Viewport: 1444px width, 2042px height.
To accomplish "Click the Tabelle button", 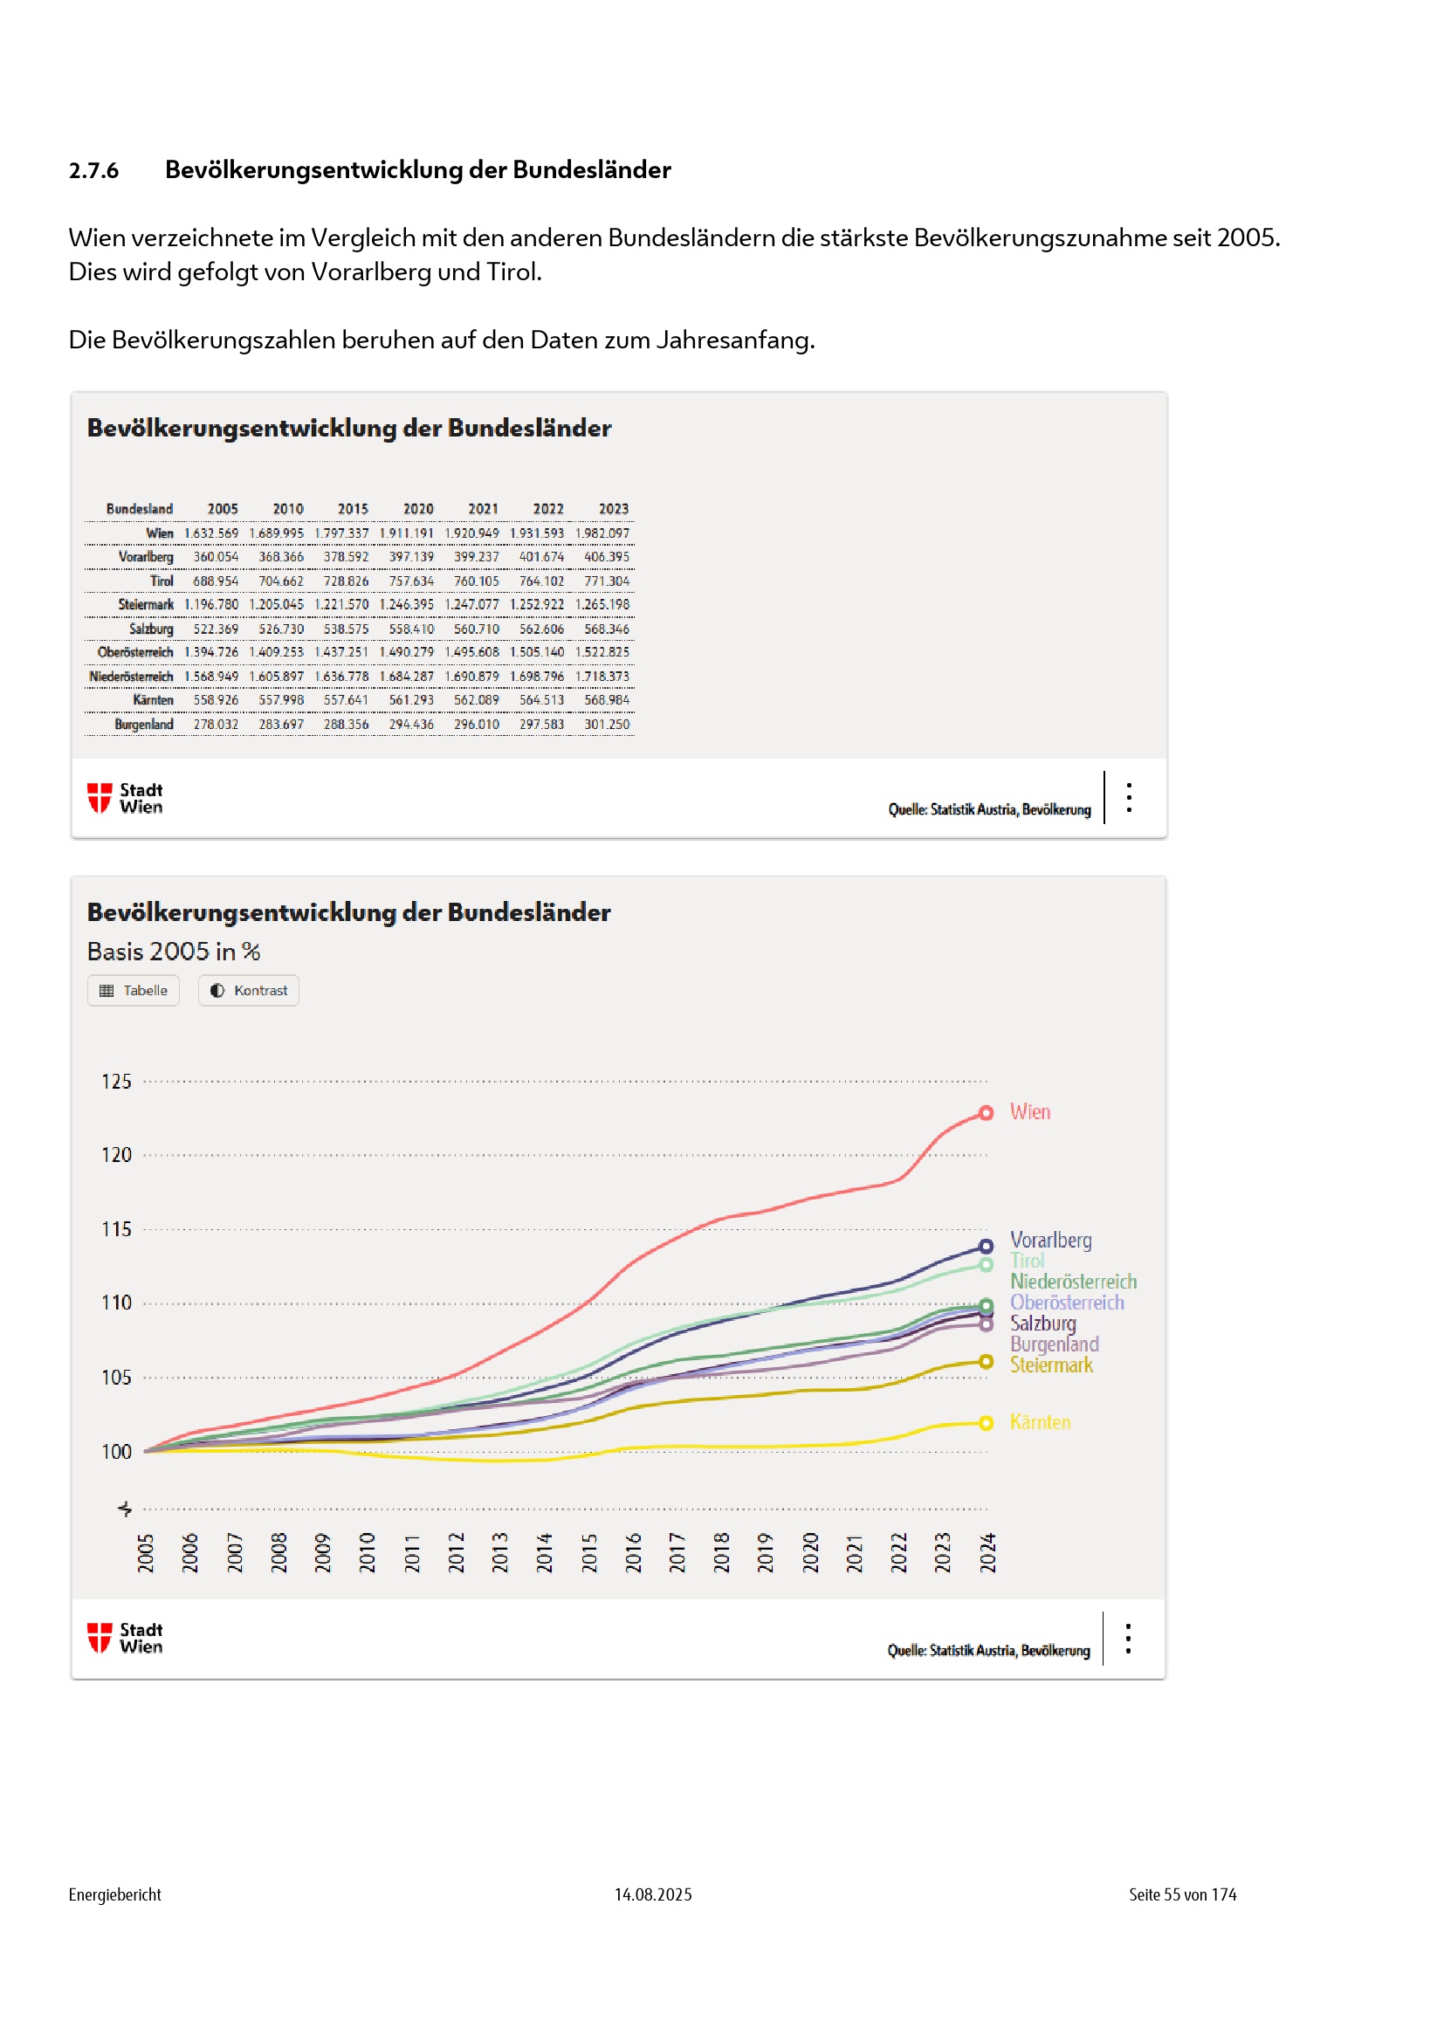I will (x=134, y=991).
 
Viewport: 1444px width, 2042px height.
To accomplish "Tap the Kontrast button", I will (x=249, y=991).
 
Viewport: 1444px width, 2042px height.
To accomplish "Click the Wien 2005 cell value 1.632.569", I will (x=211, y=533).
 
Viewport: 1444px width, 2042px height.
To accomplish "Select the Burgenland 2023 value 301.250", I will (x=607, y=725).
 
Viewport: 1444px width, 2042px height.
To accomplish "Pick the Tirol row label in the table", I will (x=162, y=581).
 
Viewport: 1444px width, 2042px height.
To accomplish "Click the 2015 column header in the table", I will (x=353, y=509).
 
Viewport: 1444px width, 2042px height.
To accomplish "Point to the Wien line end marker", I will (x=986, y=1113).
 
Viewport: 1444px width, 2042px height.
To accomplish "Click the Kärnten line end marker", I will (x=986, y=1424).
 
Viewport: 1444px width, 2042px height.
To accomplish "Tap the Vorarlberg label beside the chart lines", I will (x=1051, y=1241).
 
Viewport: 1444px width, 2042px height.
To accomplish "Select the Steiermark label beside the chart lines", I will (x=1051, y=1365).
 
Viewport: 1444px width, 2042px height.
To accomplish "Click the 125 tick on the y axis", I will (x=116, y=1083).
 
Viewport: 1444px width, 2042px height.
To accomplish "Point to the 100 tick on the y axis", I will (x=116, y=1453).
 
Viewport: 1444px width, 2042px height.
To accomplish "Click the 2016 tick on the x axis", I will (x=633, y=1553).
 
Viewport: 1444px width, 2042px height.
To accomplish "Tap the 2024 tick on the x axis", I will (x=987, y=1553).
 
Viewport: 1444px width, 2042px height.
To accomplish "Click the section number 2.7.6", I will (x=93, y=171).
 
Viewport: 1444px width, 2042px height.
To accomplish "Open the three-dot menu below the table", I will (x=1129, y=798).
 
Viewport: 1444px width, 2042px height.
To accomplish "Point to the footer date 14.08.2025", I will (x=653, y=1894).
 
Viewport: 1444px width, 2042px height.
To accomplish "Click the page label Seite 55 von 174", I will (x=1183, y=1894).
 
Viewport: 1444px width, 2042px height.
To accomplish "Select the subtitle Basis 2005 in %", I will (x=174, y=952).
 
